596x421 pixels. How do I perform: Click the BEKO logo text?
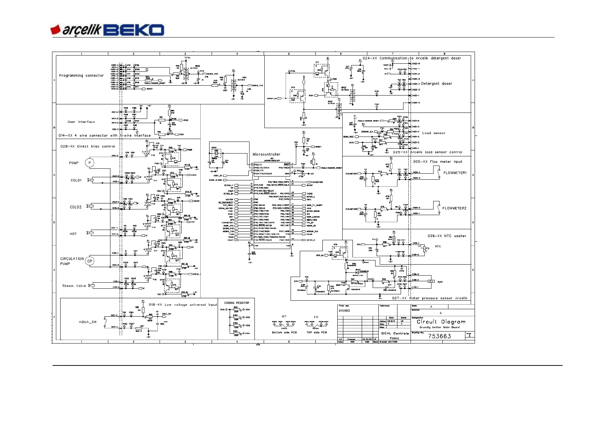tap(134, 30)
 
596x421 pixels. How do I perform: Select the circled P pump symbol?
tap(90, 163)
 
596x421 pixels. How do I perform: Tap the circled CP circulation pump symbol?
tap(90, 261)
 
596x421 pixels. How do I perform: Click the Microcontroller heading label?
tap(266, 154)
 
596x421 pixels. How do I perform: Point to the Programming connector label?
tap(81, 75)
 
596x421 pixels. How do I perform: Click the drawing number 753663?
tap(439, 336)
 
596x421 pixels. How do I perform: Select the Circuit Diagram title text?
tap(441, 322)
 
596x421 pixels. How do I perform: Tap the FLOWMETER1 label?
tap(455, 173)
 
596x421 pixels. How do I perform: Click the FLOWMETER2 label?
tap(454, 208)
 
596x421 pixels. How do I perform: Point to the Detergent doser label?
tap(436, 84)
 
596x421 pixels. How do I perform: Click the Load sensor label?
tap(434, 133)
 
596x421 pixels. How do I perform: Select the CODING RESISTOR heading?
tap(236, 303)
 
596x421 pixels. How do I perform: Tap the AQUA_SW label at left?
tap(88, 322)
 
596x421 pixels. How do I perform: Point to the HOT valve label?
tap(73, 234)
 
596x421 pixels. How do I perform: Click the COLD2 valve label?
tap(76, 207)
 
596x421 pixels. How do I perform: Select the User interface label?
tap(81, 122)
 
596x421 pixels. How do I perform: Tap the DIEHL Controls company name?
tap(395, 333)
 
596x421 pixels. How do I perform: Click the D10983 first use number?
tap(344, 311)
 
